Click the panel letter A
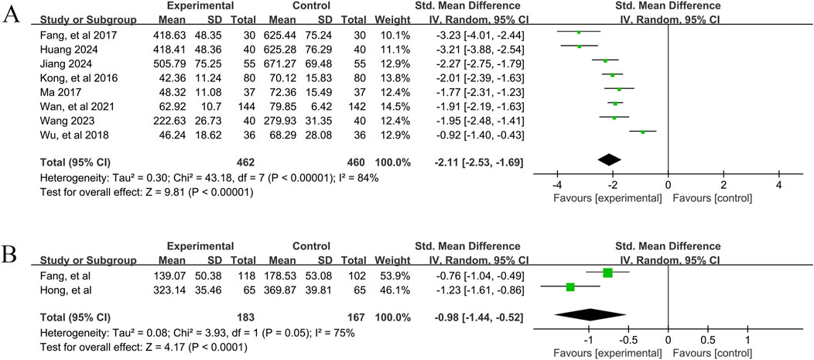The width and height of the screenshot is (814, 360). click(12, 15)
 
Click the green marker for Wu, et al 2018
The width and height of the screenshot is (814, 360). click(642, 132)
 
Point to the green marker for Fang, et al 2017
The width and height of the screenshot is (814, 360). click(579, 33)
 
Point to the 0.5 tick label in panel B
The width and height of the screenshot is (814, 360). click(707, 340)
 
